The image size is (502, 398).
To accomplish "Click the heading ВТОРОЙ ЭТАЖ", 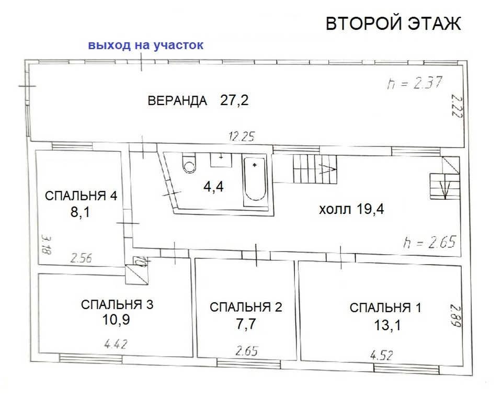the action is (x=393, y=24).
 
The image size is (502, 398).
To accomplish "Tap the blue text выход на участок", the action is (x=146, y=45).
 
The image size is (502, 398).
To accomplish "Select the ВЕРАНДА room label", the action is (x=177, y=100).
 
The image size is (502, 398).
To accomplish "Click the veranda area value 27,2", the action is (x=234, y=100).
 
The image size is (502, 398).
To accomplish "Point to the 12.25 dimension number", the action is (x=242, y=137).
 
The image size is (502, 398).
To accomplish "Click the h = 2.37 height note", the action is (x=414, y=83).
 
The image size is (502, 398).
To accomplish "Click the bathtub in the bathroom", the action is (x=255, y=182).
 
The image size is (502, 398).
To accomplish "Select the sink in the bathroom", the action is (x=221, y=160).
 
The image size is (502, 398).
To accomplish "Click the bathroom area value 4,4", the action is (x=213, y=186).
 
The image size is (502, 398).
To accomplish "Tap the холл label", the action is (x=333, y=210).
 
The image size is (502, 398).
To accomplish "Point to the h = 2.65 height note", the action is (x=430, y=242).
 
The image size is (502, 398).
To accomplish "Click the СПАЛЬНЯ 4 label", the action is (x=81, y=196).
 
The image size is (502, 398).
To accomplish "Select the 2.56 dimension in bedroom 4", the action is (x=81, y=258).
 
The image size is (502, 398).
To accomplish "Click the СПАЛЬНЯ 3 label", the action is (x=117, y=304).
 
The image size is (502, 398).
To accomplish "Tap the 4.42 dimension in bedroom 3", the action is (x=116, y=344).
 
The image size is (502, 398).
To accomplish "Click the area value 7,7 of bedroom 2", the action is (x=246, y=324).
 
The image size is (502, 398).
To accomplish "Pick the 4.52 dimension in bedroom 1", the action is (x=381, y=356).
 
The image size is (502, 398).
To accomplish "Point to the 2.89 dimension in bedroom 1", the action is (x=456, y=316).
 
